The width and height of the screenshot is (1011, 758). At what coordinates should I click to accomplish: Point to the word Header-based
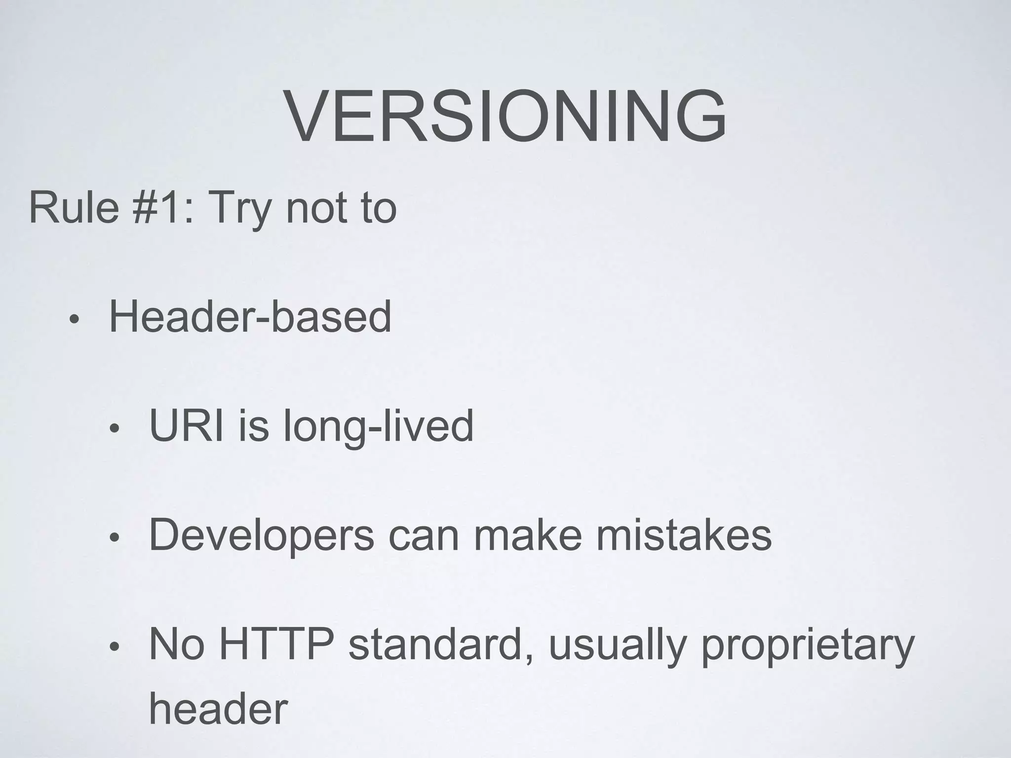click(250, 317)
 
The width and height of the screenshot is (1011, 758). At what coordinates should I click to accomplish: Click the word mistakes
click(684, 535)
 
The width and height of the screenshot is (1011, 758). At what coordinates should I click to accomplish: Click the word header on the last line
click(218, 709)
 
